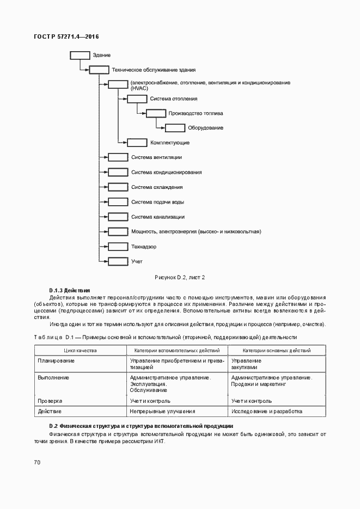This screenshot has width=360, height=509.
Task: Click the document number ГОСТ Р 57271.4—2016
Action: (66, 36)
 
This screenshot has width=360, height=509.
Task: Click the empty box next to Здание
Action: (80, 55)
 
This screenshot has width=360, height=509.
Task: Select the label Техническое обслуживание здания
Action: (154, 70)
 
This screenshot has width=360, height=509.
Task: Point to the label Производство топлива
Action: (196, 113)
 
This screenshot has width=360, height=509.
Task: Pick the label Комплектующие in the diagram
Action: (170, 143)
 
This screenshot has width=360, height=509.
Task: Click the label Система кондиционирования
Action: (167, 172)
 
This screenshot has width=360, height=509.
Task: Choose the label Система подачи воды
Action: (157, 202)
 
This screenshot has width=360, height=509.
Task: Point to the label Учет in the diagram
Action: (137, 261)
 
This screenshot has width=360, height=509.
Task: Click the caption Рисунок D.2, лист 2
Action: (180, 278)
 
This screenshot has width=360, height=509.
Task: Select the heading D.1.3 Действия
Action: (70, 291)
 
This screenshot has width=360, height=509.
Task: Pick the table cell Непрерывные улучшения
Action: (162, 411)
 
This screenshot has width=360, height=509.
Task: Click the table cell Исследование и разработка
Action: (267, 411)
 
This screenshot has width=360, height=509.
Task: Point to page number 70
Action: (37, 462)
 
